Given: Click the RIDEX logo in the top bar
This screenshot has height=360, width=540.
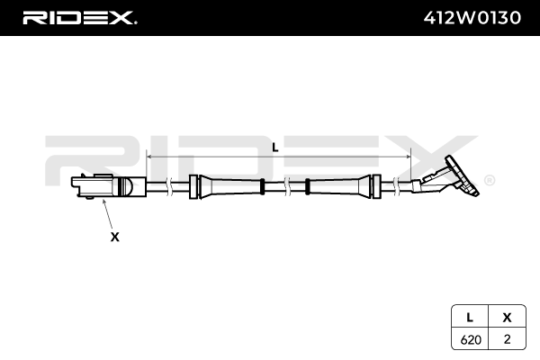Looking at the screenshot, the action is pos(79,17).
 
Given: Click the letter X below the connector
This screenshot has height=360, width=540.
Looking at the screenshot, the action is pos(114,237).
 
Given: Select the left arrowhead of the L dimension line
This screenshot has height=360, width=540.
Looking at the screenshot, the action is pos(150,155).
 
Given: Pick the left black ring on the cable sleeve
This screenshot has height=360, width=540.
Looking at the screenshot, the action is pos(261,186).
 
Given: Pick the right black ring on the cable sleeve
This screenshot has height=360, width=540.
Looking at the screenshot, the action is pos(308,186).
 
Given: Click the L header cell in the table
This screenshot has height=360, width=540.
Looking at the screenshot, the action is pos(470,318).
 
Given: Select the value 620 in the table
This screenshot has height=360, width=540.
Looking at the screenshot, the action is pos(470,339).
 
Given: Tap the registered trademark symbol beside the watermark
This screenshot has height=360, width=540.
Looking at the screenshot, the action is pos(489,180).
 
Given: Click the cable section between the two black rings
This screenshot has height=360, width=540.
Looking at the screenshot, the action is pos(284,186).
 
